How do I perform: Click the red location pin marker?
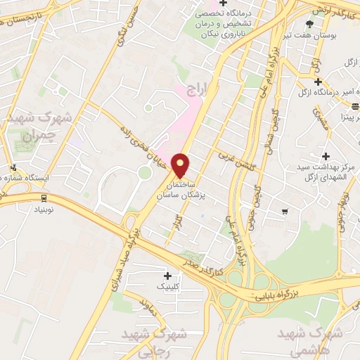click(x=181, y=165)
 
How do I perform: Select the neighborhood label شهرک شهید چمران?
click(x=30, y=124)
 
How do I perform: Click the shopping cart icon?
click(x=284, y=211)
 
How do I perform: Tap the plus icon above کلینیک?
click(x=167, y=275)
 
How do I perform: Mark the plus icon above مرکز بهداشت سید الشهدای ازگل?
click(x=325, y=155)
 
